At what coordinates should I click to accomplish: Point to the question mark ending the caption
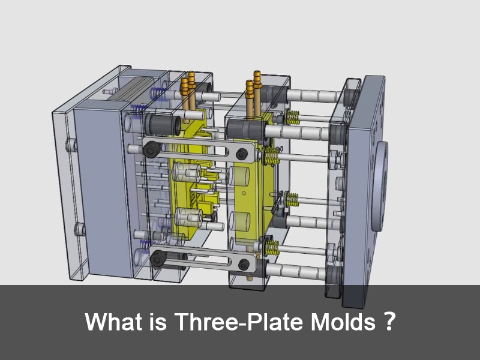click(x=388, y=322)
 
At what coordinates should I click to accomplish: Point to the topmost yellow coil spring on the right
click(x=292, y=116)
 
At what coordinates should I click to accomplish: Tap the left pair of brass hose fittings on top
click(x=188, y=90)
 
